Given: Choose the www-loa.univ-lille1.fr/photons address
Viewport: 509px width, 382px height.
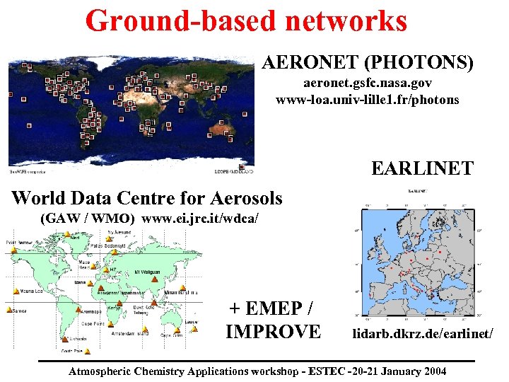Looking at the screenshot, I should [367, 100].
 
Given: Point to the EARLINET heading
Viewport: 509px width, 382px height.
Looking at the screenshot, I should [422, 168].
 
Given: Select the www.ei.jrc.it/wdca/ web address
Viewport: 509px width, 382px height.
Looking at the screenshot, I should [205, 219].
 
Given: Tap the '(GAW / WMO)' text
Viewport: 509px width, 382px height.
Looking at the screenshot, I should [88, 219].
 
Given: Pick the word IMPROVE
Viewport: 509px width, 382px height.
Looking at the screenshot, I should [273, 330].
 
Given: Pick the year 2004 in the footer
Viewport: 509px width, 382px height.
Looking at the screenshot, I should [433, 371].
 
